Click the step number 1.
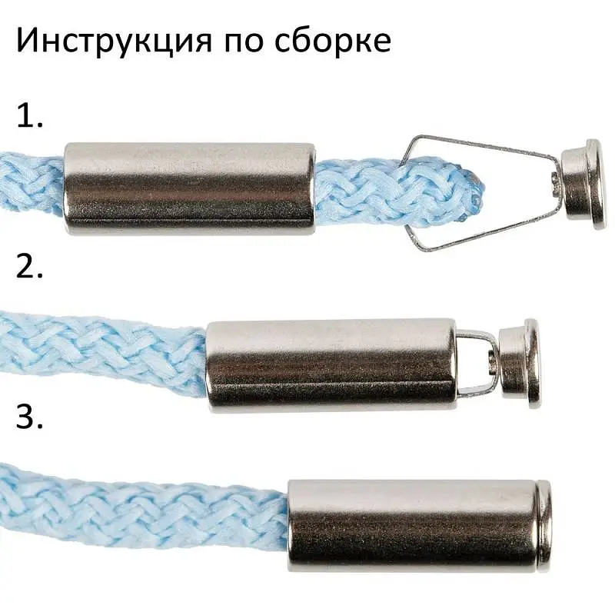[x=28, y=116]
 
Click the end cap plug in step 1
[x=582, y=181]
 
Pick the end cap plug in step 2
[x=520, y=363]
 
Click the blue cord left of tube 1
[x=31, y=183]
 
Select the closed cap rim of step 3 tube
[x=544, y=527]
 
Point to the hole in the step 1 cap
[x=555, y=181]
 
